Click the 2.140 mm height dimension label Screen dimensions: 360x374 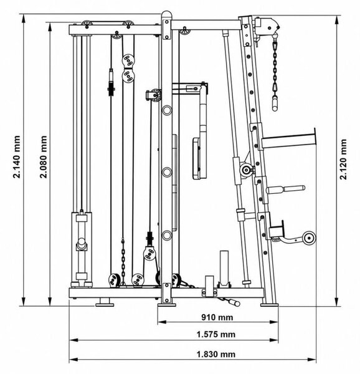point(17,157)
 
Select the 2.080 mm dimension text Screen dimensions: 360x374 point(44,157)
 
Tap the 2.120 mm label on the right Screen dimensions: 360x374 point(343,160)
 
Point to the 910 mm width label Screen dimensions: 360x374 point(217,317)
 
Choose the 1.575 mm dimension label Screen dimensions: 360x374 point(216,334)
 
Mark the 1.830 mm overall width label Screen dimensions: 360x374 point(216,354)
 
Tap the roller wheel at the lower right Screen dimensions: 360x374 point(309,238)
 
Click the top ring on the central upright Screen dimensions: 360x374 point(167,110)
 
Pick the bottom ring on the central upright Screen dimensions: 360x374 point(167,235)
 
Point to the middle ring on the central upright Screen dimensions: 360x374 point(167,172)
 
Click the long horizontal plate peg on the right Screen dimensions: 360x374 point(288,141)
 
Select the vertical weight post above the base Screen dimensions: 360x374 point(224,267)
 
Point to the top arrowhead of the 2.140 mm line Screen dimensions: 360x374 point(23,19)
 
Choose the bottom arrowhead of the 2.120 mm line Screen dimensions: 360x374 point(337,302)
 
